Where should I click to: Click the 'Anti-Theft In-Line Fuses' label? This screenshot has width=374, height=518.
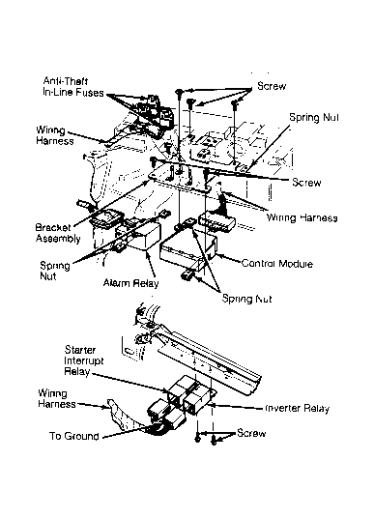pos(73,87)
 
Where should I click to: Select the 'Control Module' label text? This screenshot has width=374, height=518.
pos(276,264)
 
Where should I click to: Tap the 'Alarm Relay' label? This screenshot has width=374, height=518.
pos(130,283)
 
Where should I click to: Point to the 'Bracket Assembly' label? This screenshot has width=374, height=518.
pos(58,233)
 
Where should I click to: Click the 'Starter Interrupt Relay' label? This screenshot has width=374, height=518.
pos(83,360)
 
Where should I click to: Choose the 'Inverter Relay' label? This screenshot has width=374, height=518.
pos(298,409)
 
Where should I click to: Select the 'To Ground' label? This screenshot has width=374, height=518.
pos(74,436)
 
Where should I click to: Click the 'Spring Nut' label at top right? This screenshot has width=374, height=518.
pos(314,117)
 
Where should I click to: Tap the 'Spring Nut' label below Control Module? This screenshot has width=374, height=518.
pos(246,299)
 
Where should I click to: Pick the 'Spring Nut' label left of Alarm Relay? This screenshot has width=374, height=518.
pos(54,271)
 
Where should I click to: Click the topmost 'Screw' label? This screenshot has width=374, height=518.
pos(272,86)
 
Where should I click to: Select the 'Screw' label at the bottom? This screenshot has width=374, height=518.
pos(251,433)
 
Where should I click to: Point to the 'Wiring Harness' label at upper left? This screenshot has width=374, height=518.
pos(55,135)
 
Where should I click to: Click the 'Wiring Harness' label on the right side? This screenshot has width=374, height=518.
pos(302,217)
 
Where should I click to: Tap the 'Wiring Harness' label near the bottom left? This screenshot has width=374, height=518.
pos(56,399)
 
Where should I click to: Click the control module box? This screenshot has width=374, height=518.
pos(188,251)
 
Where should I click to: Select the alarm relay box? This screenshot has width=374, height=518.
pos(138,237)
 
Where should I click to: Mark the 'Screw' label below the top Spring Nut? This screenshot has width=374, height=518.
pos(306,183)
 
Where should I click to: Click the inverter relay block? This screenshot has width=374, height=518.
pos(196,402)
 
